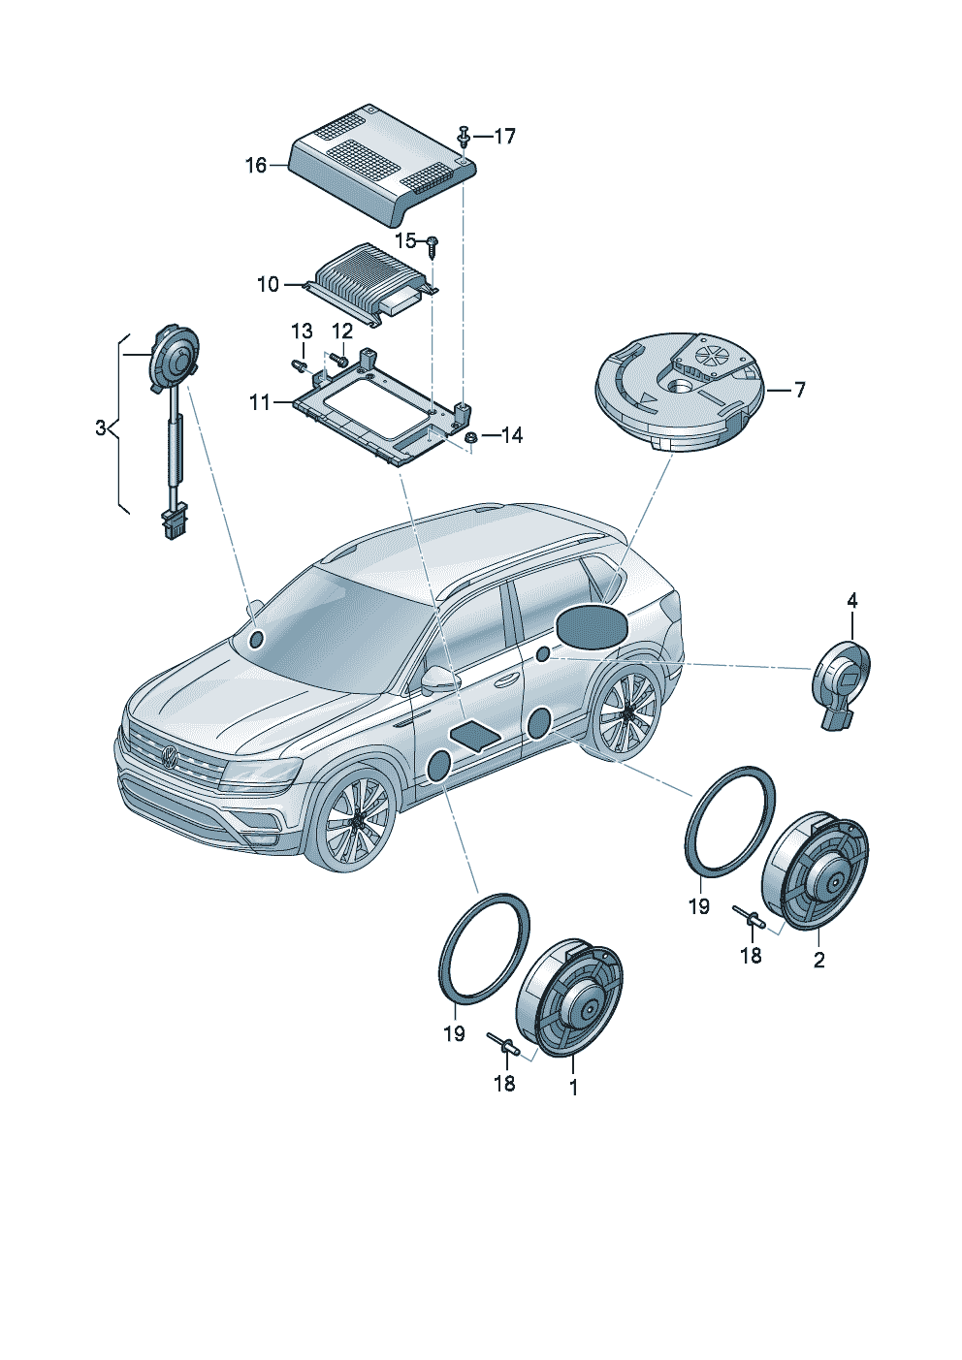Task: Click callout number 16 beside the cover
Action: [255, 166]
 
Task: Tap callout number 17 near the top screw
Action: [504, 136]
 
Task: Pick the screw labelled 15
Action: [433, 243]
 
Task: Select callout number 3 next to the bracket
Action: [101, 427]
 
